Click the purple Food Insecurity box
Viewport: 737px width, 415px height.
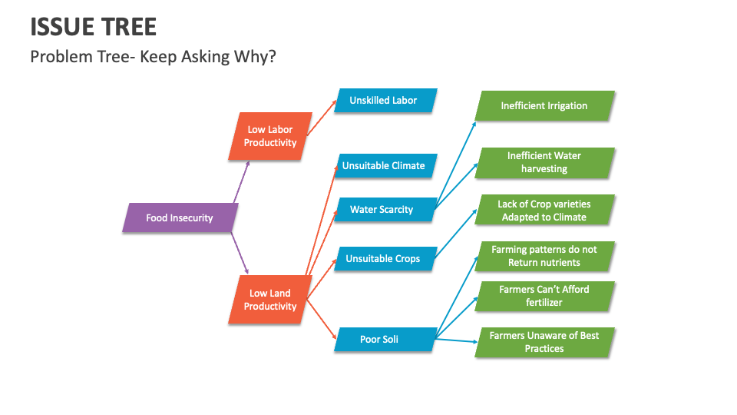point(180,217)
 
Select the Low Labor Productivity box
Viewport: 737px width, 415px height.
point(270,137)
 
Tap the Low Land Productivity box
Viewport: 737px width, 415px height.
point(270,300)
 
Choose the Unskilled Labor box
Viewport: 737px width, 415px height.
point(385,100)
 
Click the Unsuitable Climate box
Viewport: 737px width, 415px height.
point(385,166)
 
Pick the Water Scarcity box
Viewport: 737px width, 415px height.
point(385,209)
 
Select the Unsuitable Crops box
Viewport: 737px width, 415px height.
point(385,259)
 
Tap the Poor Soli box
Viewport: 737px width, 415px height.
point(385,339)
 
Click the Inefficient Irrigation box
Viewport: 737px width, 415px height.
point(545,106)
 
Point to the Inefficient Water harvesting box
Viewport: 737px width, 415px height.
point(545,163)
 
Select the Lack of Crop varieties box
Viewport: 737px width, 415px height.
point(545,210)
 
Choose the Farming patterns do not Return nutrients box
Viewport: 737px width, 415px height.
point(545,257)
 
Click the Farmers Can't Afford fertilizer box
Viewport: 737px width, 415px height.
point(545,297)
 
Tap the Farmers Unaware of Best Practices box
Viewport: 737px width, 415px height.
point(545,343)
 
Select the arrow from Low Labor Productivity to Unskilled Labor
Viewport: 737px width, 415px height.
point(322,118)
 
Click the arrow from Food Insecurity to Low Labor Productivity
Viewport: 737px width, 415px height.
point(242,182)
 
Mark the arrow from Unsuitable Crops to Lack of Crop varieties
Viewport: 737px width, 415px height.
point(455,234)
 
